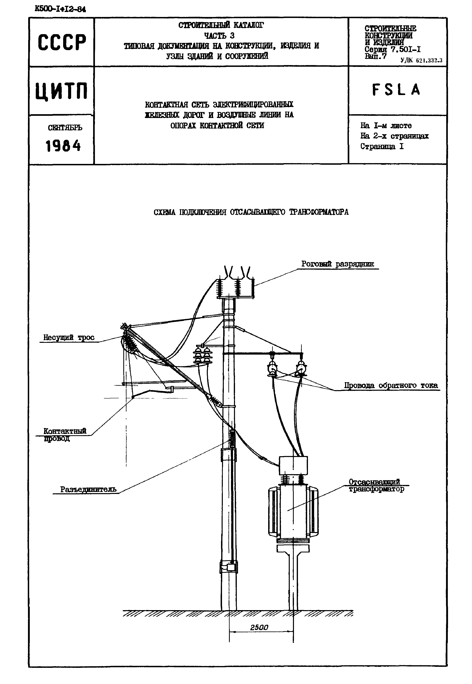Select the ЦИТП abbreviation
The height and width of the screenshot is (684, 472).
coord(62,91)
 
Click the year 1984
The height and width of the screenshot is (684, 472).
coord(63,146)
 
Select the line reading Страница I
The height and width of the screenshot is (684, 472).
coord(382,146)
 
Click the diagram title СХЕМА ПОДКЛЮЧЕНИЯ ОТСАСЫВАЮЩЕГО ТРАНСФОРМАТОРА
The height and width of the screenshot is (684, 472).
coord(251,212)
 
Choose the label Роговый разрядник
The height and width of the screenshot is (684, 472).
coord(338,264)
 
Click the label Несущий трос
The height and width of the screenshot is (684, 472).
coord(69,337)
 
